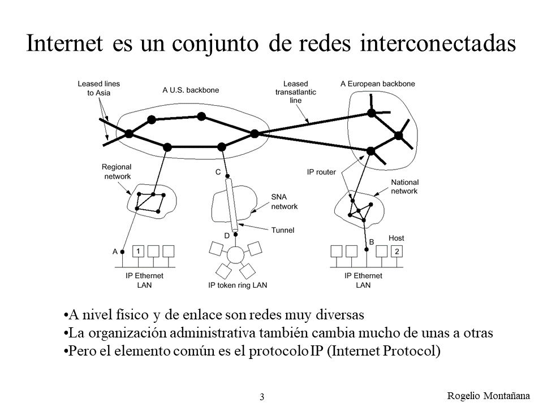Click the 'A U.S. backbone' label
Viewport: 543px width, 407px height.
point(191,89)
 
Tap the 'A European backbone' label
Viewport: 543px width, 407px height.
point(377,84)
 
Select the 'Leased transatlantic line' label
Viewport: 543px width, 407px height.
point(295,92)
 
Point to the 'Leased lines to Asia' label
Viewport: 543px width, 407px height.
point(98,88)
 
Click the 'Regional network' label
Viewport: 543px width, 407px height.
point(117,171)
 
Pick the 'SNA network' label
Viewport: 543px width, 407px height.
point(284,201)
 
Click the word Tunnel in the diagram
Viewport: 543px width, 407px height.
point(282,230)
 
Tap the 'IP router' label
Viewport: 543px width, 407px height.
point(321,171)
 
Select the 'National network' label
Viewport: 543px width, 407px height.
point(404,187)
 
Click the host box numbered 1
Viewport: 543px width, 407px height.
point(139,251)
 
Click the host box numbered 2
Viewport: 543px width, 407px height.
point(397,251)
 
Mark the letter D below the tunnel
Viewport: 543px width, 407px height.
point(227,235)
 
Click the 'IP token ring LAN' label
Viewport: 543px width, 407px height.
point(238,285)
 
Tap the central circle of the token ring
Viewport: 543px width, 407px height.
point(235,256)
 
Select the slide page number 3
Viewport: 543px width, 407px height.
point(262,397)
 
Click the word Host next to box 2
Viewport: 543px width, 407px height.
point(396,238)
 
